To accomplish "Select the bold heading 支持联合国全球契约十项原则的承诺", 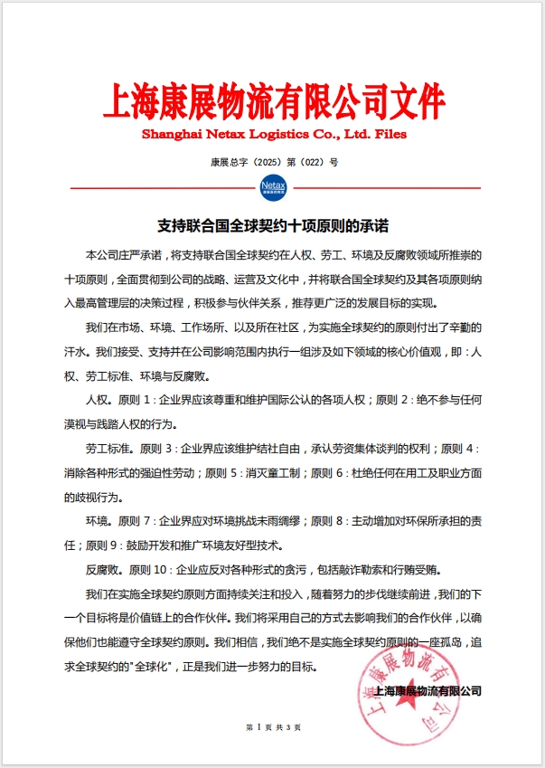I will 272,223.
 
